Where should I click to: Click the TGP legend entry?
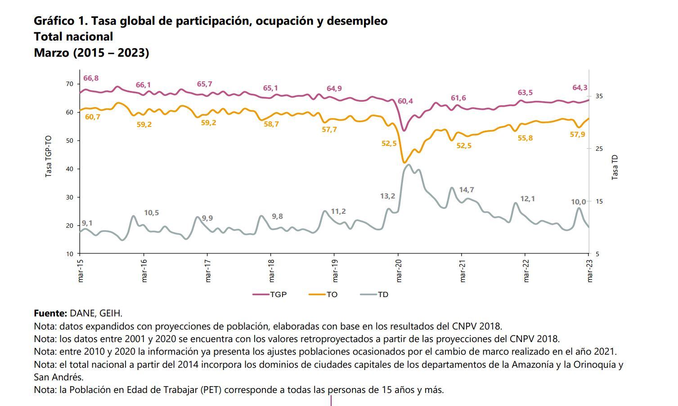click(x=270, y=294)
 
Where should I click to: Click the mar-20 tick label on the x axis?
click(x=399, y=271)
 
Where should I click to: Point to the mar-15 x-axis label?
click(x=81, y=271)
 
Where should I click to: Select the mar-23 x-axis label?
click(x=590, y=271)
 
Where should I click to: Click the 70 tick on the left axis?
click(x=69, y=84)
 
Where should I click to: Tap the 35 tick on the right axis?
click(x=599, y=96)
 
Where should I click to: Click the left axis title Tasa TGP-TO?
click(x=49, y=156)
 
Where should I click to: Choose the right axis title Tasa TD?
click(x=615, y=167)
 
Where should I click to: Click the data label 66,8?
click(x=91, y=78)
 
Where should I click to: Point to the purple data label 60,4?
click(x=405, y=101)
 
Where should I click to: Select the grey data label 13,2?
click(x=387, y=196)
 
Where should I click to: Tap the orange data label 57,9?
click(x=577, y=135)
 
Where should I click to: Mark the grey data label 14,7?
click(x=467, y=190)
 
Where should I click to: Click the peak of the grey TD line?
click(x=409, y=165)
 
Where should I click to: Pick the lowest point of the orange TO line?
click(x=404, y=162)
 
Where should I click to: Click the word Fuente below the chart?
click(x=50, y=313)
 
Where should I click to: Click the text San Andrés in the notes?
click(x=58, y=377)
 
